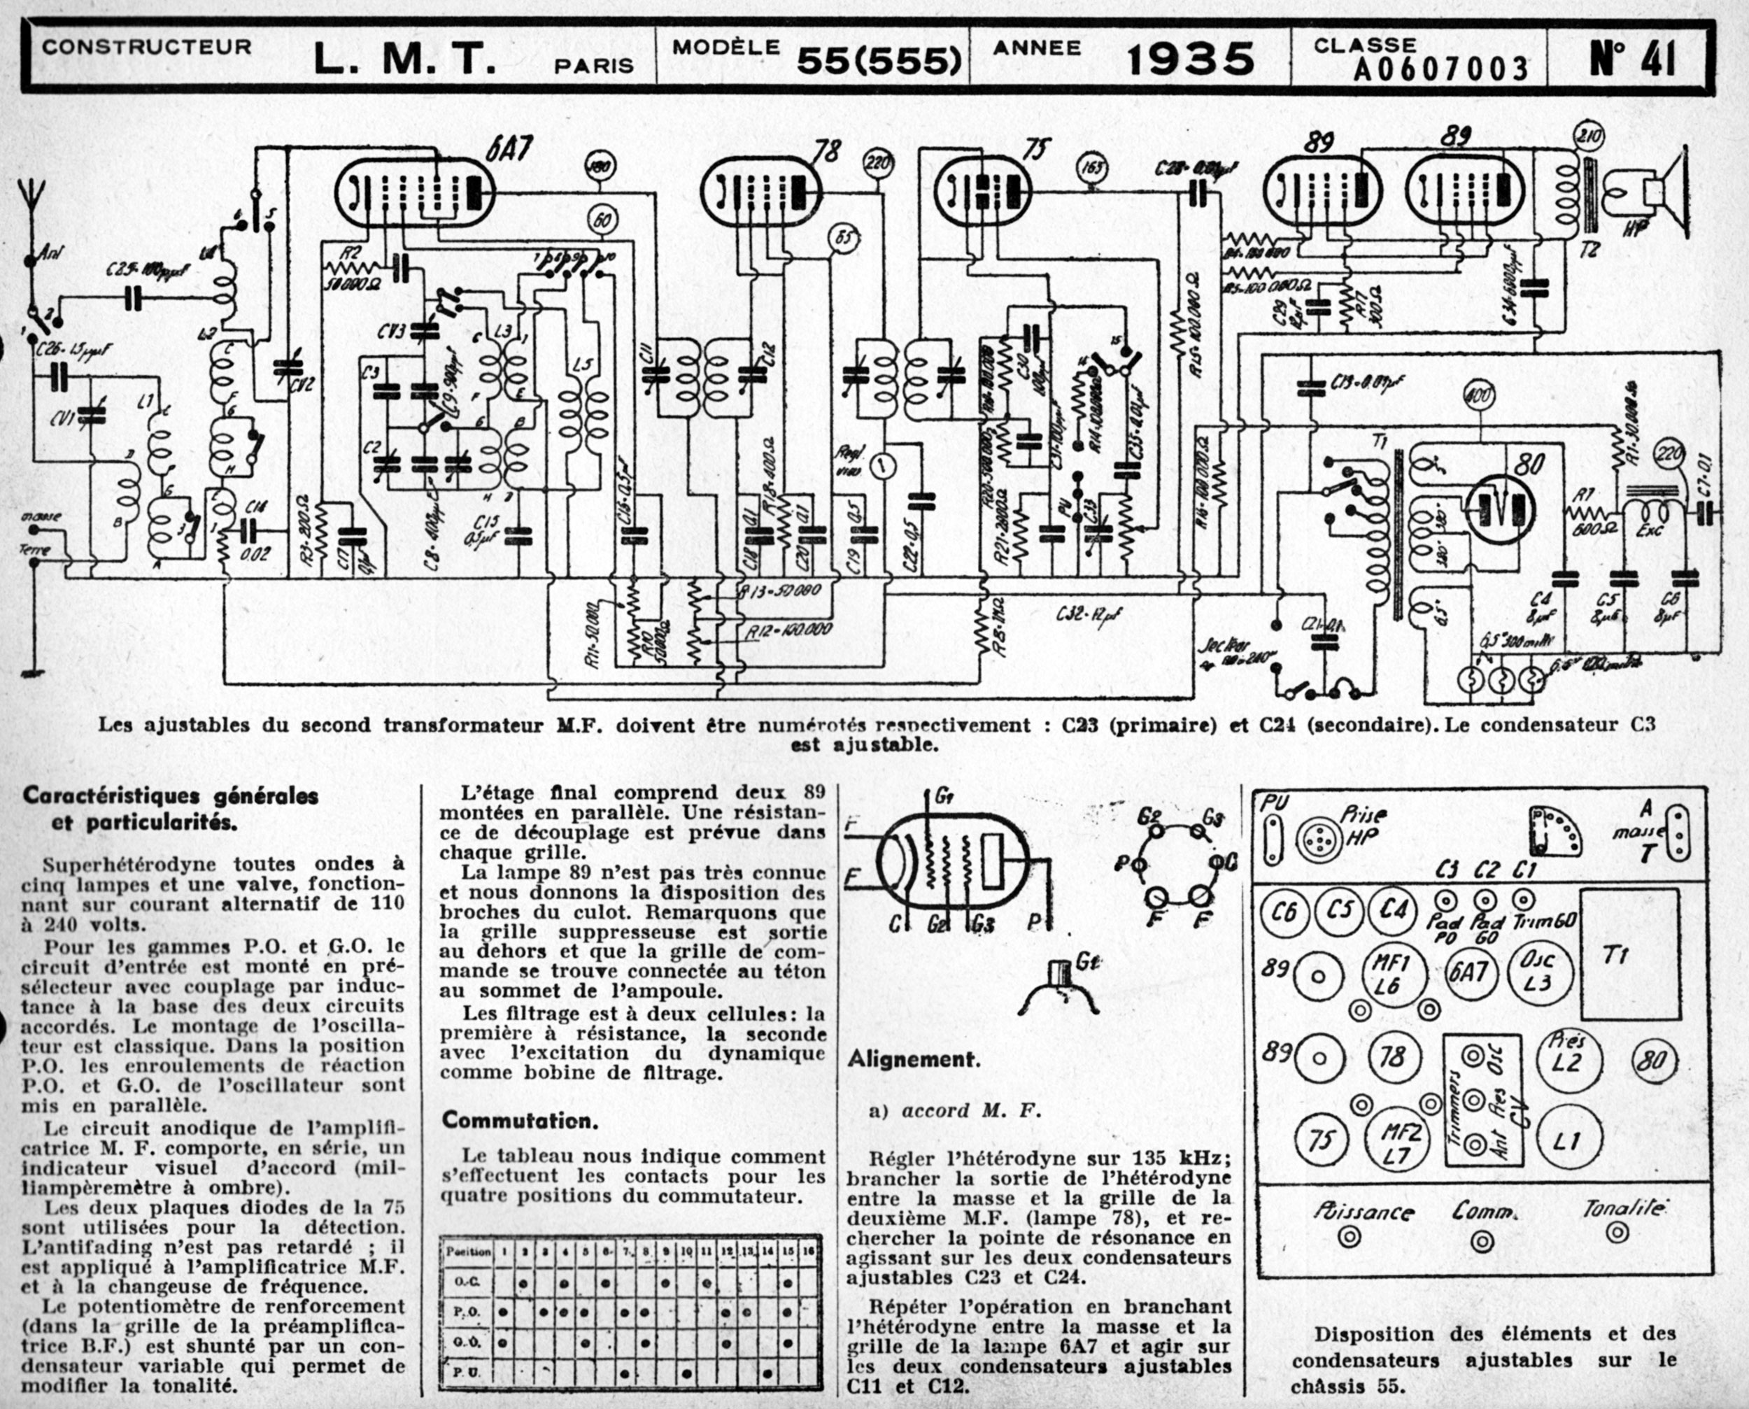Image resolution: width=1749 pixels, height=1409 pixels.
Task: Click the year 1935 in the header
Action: pos(1191,59)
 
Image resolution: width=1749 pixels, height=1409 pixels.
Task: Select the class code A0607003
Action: pos(1440,70)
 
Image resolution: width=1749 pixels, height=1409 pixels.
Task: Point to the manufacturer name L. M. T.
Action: pos(404,59)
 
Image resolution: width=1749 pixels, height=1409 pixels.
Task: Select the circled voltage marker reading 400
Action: pos(1476,396)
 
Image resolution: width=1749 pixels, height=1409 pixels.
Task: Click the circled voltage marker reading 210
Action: pos(1588,136)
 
